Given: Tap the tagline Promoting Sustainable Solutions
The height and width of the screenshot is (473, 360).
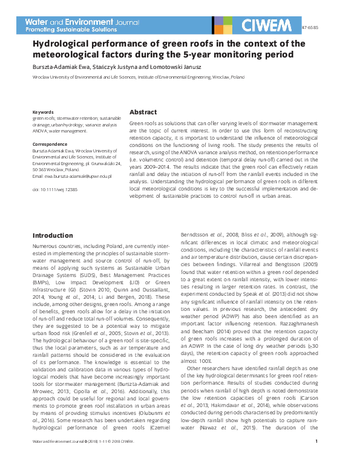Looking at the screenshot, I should (x=71, y=29).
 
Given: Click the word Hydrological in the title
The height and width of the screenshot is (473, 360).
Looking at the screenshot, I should (x=62, y=44).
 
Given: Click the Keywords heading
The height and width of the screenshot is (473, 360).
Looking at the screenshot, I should (x=43, y=113).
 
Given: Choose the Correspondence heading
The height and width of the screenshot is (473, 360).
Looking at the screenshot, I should (x=50, y=145).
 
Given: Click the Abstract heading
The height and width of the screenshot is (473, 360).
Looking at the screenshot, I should (x=143, y=113).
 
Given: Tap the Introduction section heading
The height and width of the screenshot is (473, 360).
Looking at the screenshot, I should (x=53, y=235).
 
